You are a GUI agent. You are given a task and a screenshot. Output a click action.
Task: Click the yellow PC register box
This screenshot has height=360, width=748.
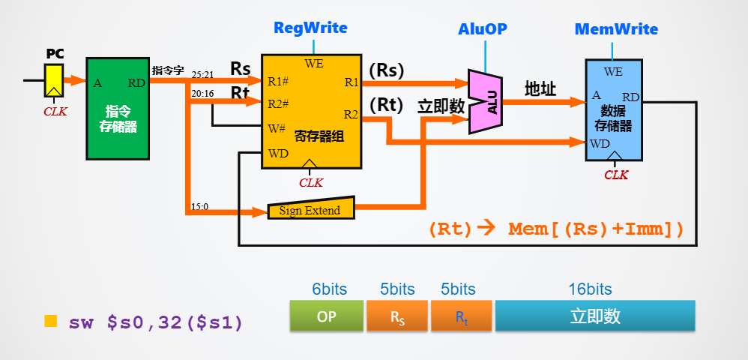pyautogui.click(x=53, y=79)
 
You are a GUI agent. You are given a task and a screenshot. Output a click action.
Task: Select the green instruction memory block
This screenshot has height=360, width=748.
pyautogui.click(x=118, y=109)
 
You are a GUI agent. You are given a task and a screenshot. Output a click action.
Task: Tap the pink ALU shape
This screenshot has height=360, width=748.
pyautogui.click(x=485, y=101)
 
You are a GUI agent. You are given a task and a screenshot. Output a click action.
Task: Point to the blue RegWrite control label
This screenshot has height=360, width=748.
pyautogui.click(x=310, y=28)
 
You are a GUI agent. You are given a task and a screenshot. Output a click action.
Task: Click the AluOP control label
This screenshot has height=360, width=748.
pyautogui.click(x=483, y=29)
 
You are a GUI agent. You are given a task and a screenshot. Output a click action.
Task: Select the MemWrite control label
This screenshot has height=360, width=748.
pyautogui.click(x=616, y=29)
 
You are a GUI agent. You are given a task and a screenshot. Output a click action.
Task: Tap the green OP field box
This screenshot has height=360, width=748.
pyautogui.click(x=326, y=316)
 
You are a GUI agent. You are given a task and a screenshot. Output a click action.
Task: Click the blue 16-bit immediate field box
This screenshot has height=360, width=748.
pyautogui.click(x=595, y=316)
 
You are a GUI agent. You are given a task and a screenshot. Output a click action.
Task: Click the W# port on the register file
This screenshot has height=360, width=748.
pyautogui.click(x=277, y=128)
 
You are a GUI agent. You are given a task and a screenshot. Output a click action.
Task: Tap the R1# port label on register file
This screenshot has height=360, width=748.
pyautogui.click(x=278, y=81)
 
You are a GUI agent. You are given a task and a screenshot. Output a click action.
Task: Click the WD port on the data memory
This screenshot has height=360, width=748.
pyautogui.click(x=600, y=143)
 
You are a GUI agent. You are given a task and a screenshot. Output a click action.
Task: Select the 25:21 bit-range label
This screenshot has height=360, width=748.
pyautogui.click(x=202, y=75)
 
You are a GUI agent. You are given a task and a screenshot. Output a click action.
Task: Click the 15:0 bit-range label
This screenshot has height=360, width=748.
pyautogui.click(x=200, y=205)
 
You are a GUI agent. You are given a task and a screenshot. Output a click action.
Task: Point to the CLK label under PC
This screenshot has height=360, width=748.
pyautogui.click(x=55, y=111)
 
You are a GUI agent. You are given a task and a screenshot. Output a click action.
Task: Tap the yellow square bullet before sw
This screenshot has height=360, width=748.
pyautogui.click(x=51, y=321)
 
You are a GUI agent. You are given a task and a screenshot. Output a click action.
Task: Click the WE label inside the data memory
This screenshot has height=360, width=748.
pyautogui.click(x=613, y=72)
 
